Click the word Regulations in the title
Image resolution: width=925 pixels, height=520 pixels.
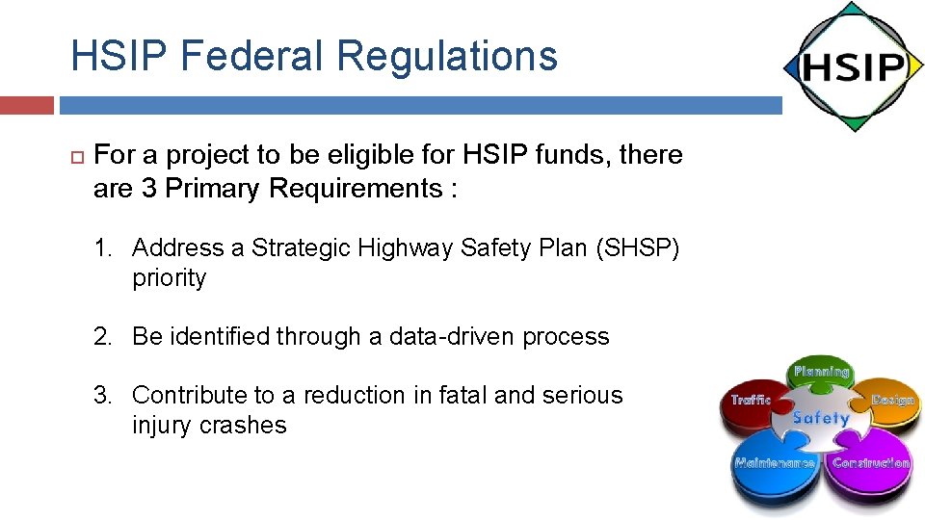point(447,55)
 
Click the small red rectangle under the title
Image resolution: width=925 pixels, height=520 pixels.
point(27,105)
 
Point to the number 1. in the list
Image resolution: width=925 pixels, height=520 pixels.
point(104,248)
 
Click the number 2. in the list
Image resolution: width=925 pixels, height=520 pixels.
point(104,336)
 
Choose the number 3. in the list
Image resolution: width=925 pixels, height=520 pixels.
point(104,395)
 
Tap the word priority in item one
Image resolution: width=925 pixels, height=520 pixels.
point(170,278)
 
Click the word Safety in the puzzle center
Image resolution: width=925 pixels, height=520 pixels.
point(821,419)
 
